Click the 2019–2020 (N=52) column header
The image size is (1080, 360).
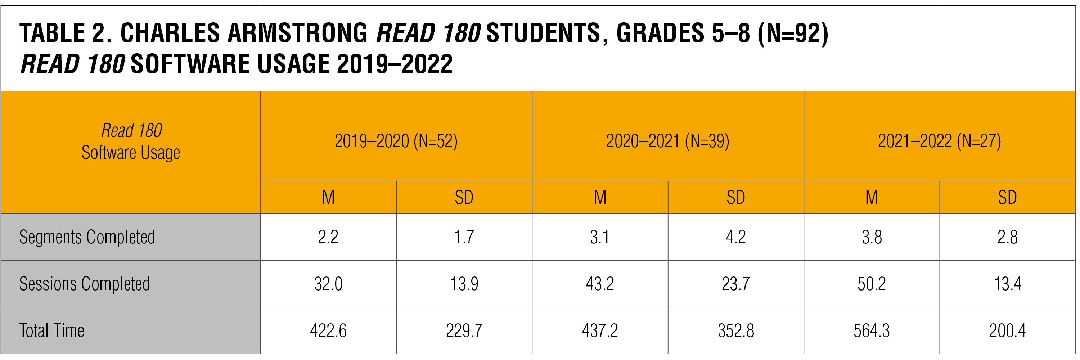[396, 141]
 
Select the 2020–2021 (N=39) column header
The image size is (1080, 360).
[667, 141]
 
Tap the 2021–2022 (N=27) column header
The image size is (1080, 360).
[939, 141]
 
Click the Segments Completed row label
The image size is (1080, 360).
[87, 237]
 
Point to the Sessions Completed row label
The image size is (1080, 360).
[85, 284]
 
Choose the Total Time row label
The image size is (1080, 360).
[52, 331]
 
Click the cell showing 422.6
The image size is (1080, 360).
[328, 331]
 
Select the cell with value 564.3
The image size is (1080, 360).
[871, 331]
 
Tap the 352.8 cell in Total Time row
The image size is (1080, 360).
[736, 331]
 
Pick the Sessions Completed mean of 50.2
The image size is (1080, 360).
[871, 284]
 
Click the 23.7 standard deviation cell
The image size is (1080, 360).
[736, 284]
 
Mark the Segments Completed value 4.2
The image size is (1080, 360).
[736, 237]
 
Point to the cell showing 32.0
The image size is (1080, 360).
[328, 284]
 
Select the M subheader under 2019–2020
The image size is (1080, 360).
[328, 197]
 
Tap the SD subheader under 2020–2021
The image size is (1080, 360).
[736, 197]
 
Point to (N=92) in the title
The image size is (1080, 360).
[792, 33]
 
